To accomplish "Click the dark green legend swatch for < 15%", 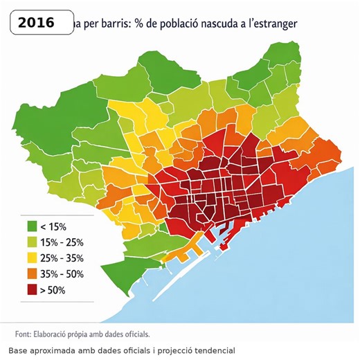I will click(32, 226).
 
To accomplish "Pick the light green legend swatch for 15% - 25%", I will click(32, 242).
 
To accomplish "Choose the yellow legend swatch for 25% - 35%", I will click(32, 258).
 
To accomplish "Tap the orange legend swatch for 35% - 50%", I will click(32, 274).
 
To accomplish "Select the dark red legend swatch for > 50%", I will click(32, 290).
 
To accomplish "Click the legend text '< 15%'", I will click(54, 226).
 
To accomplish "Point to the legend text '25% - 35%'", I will click(62, 258).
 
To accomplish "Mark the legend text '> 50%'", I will click(54, 290).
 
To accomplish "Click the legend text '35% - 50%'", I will click(62, 274).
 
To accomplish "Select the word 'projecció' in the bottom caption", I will click(170, 350).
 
